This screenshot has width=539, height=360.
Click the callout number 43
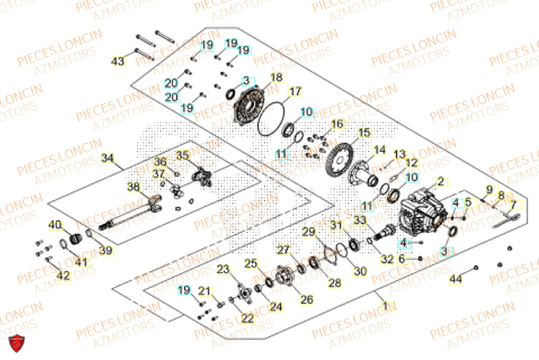tap(118, 61)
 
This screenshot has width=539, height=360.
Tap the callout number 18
tap(276, 78)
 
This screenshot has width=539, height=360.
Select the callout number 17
tap(295, 92)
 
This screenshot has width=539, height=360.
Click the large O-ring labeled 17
tap(271, 120)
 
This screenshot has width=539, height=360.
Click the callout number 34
tap(108, 158)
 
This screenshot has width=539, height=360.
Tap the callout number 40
tap(56, 225)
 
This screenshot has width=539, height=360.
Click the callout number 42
tap(63, 275)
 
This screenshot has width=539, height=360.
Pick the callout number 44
tap(456, 279)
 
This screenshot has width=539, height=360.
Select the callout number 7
tap(513, 205)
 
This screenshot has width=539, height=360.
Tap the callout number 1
tap(385, 307)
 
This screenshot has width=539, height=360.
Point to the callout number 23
tap(223, 269)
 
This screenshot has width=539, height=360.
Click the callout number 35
tap(183, 156)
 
